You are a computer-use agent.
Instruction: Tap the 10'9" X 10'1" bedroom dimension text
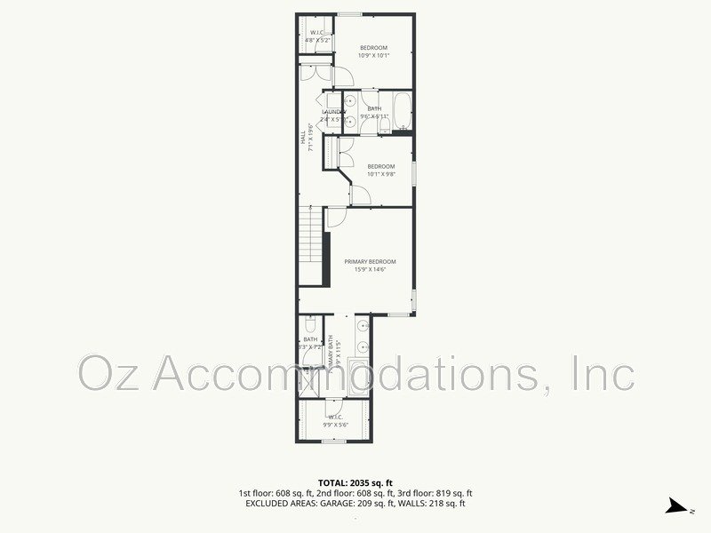[374, 55]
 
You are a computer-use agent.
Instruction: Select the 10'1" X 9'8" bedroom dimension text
[381, 174]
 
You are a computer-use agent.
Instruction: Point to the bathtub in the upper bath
[403, 111]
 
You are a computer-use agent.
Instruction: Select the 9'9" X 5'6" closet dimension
[336, 425]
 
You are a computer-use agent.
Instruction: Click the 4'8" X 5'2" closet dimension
[317, 41]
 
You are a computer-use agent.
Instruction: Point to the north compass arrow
[676, 507]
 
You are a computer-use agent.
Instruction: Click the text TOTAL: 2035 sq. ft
[355, 483]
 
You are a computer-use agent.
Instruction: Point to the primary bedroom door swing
[337, 217]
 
